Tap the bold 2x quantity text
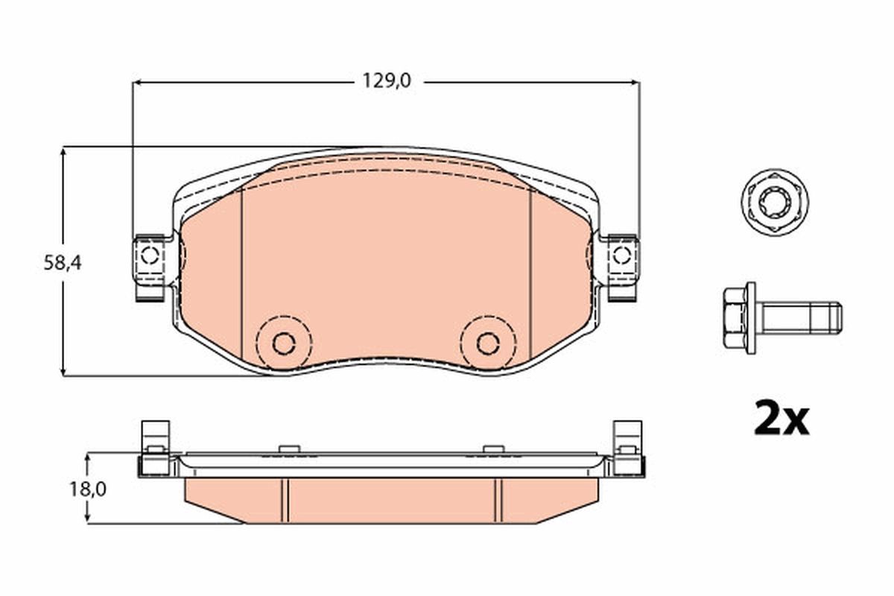(x=780, y=419)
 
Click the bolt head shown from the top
(x=775, y=199)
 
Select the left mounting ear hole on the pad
(x=149, y=256)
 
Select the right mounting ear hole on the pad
(x=621, y=256)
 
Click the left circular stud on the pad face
(x=283, y=343)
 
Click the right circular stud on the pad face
(x=488, y=343)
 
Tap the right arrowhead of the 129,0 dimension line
(x=635, y=82)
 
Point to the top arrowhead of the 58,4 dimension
(x=64, y=151)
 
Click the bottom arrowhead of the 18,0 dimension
(x=89, y=519)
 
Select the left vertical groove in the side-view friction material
(x=284, y=500)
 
